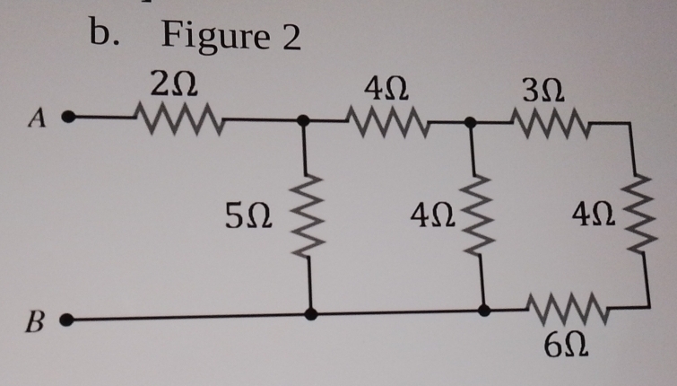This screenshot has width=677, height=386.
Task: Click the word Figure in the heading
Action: coord(215,37)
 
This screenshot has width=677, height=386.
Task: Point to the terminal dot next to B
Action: coord(75,319)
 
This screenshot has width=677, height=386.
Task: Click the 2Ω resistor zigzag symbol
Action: coord(172,118)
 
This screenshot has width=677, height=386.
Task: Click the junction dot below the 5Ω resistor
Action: coord(309,314)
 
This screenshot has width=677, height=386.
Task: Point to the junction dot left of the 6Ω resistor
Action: coord(484,311)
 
